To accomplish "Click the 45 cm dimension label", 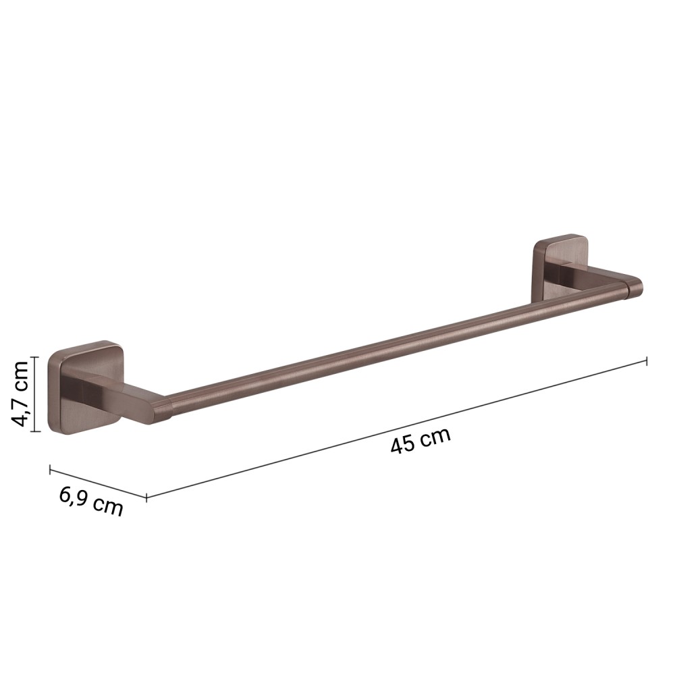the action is click(x=421, y=440).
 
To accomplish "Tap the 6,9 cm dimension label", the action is click(x=91, y=501).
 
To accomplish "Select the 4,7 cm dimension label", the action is click(x=20, y=394).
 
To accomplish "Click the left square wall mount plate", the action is click(x=85, y=387).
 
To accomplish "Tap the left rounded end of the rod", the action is click(x=166, y=407).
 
